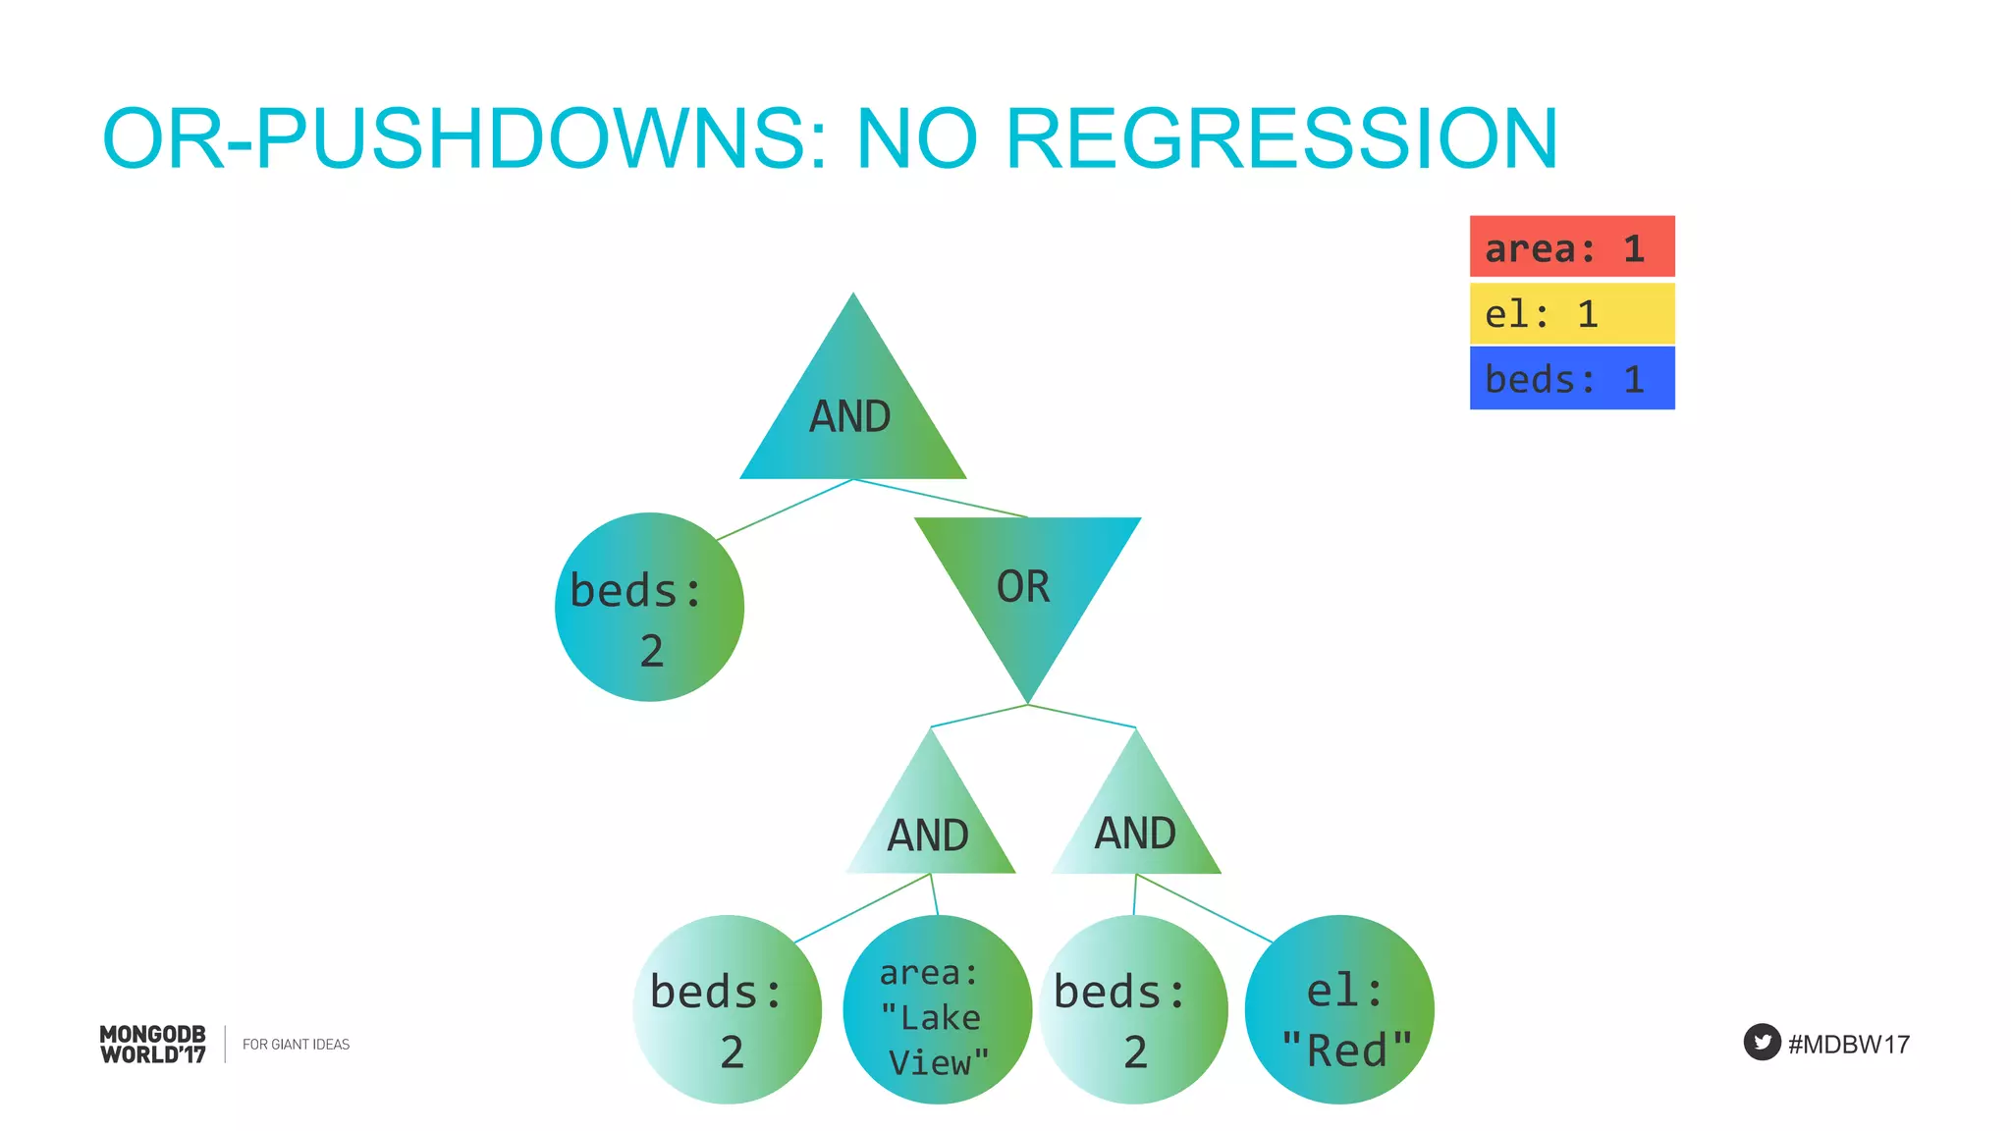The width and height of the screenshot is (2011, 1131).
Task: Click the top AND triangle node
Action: [x=852, y=412]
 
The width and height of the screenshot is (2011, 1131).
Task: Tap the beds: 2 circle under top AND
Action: [x=649, y=607]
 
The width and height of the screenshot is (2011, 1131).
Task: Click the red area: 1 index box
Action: [x=1571, y=247]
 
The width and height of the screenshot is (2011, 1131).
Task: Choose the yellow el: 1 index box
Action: [x=1571, y=313]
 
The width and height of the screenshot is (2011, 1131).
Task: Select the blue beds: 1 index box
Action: [x=1571, y=378]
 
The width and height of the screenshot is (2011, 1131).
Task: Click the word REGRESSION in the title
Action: [x=1281, y=138]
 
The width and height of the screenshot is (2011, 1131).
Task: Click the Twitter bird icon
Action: [x=1762, y=1042]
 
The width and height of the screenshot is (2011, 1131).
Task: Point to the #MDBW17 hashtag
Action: [x=1848, y=1044]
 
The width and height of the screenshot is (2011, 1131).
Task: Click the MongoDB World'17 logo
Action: [x=153, y=1044]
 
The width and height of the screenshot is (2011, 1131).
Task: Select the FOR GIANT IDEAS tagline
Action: [x=296, y=1044]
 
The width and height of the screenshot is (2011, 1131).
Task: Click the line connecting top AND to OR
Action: [x=941, y=498]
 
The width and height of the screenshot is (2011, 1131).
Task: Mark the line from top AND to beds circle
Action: [x=786, y=510]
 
